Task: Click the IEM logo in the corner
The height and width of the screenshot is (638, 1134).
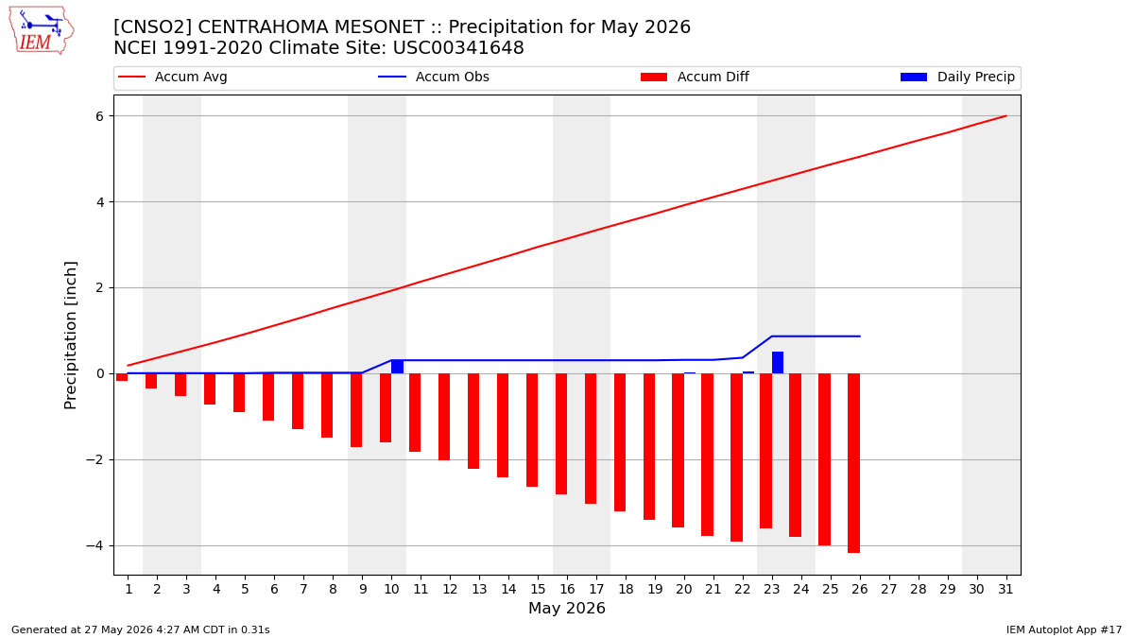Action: click(x=42, y=30)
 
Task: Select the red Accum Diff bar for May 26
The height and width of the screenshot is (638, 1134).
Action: click(x=853, y=463)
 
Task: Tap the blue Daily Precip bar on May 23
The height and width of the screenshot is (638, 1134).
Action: click(x=778, y=363)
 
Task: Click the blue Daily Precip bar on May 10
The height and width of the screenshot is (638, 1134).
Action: click(x=398, y=367)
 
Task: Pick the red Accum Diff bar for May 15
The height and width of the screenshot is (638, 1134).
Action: click(x=532, y=430)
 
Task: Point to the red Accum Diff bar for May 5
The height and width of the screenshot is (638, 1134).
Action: click(x=239, y=393)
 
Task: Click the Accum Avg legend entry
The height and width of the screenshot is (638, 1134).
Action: click(x=173, y=77)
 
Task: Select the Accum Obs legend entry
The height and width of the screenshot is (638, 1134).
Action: click(x=434, y=77)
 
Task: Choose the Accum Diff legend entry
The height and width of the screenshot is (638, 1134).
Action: click(x=695, y=77)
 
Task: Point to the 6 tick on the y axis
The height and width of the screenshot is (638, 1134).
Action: click(x=99, y=116)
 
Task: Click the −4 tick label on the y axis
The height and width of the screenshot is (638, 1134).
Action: click(x=94, y=546)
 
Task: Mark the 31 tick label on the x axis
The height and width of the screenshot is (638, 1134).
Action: click(x=1005, y=589)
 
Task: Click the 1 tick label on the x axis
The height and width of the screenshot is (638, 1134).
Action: click(x=129, y=589)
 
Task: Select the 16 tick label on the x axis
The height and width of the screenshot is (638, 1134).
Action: click(x=567, y=589)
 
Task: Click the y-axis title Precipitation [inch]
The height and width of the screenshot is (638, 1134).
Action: click(x=70, y=336)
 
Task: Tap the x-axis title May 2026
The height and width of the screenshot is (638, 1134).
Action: click(x=566, y=608)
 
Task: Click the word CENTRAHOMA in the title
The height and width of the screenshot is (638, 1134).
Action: click(x=310, y=26)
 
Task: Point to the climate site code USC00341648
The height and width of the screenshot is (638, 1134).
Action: click(x=458, y=48)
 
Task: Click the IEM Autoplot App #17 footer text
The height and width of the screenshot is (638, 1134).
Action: click(x=1064, y=629)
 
